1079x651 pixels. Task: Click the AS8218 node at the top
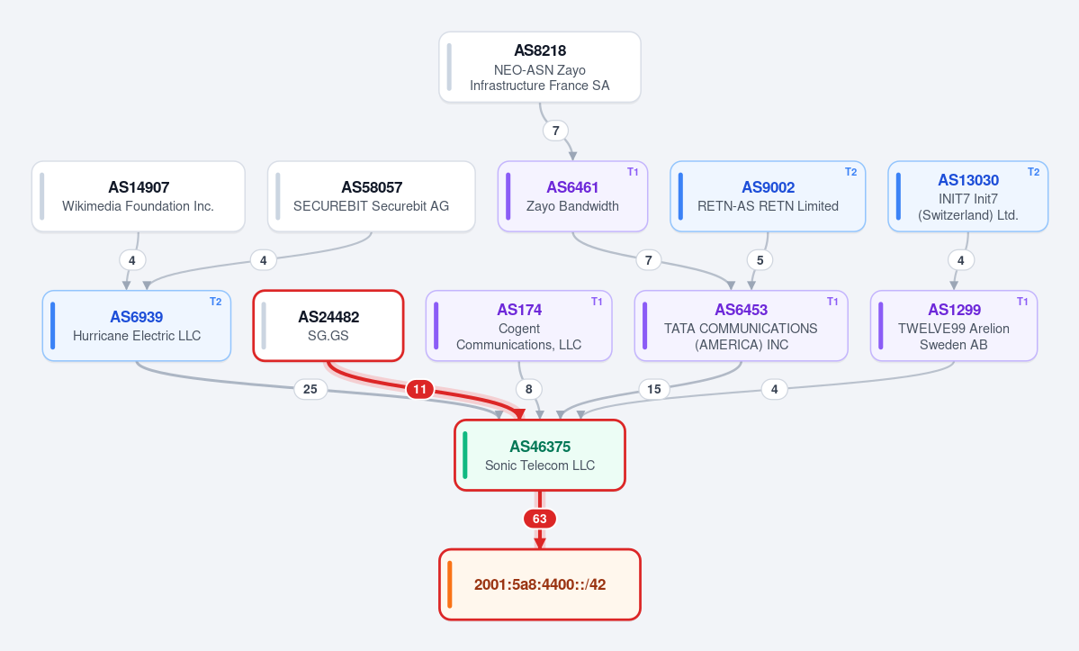pos(540,68)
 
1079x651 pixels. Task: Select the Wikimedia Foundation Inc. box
pos(139,196)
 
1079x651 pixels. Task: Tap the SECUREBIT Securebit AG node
pos(371,196)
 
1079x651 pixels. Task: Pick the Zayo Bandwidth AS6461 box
pos(572,196)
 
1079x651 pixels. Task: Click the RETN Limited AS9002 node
pos(768,196)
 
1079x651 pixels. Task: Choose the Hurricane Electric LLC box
pos(136,326)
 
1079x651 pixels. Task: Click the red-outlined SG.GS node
pos(328,326)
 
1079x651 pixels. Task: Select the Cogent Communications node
pos(519,326)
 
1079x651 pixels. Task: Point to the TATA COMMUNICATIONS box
pos(742,326)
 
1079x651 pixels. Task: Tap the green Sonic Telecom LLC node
pos(540,455)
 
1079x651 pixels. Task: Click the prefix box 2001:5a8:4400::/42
pos(540,584)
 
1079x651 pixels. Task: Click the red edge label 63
pos(540,519)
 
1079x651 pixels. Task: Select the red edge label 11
pos(419,390)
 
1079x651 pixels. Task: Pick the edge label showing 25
pos(310,390)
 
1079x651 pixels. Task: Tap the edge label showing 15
pos(653,390)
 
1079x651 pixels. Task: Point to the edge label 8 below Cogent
pos(528,390)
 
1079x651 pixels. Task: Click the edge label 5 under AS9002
pos(760,260)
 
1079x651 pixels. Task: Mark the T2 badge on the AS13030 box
pos(1034,172)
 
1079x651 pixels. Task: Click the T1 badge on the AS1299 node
pos(1022,302)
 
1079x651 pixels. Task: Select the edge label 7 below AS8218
pos(556,131)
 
